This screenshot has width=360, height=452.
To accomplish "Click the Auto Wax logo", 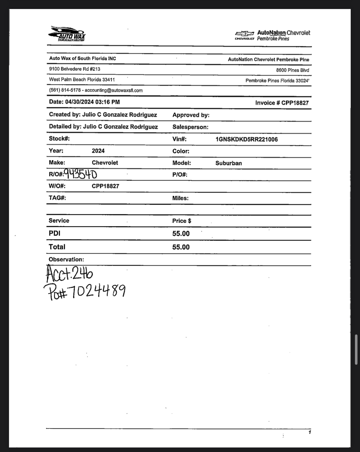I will click(67, 34).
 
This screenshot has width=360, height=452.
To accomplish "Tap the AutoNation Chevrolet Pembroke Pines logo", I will click(273, 36).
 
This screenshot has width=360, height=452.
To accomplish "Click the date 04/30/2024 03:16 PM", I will click(92, 102).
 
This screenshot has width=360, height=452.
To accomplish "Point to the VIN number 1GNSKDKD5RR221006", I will click(246, 139).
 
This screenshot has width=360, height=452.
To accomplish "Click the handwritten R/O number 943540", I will click(80, 174).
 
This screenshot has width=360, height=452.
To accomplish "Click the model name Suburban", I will click(229, 163).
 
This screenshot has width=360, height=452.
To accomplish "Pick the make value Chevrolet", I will click(105, 163).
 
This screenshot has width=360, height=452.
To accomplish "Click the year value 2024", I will click(98, 151).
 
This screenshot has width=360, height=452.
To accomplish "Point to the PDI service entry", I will click(54, 233).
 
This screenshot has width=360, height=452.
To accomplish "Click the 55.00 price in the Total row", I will click(181, 247).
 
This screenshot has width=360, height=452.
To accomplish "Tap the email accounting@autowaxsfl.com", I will click(114, 90).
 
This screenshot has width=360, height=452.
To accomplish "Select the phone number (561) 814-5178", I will click(65, 90).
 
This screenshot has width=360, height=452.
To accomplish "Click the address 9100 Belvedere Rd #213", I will click(75, 69).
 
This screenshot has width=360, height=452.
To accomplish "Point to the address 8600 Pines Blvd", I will click(292, 70).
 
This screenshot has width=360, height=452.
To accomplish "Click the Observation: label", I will click(66, 260).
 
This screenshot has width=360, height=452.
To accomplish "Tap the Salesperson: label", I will click(190, 127).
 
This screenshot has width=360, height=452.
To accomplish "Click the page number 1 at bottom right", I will click(310, 432).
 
